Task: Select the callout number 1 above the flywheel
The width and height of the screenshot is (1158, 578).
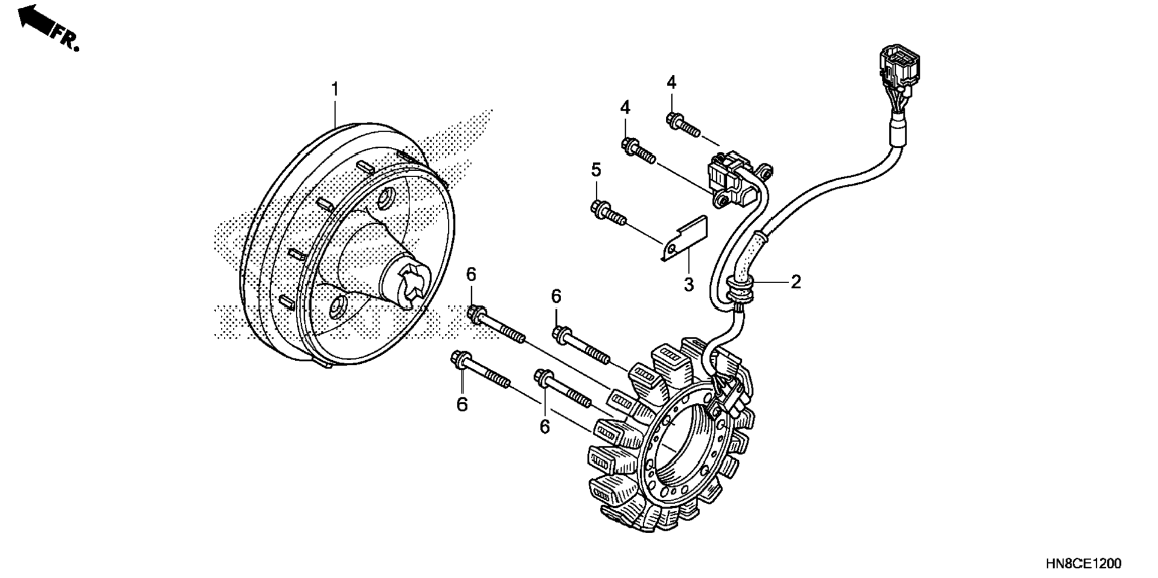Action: coord(335,89)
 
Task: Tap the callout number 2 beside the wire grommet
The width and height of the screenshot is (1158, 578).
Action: coord(795,281)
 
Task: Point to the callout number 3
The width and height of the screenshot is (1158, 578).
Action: coord(689,284)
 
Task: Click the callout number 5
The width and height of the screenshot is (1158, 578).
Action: coord(596,170)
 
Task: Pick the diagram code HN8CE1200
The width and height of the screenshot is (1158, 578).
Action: coord(1083,564)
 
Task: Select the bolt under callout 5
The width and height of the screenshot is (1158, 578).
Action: coord(608,213)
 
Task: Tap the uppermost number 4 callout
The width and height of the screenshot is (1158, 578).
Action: coord(671,83)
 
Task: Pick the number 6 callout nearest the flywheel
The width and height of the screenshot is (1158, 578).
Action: coord(471,275)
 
